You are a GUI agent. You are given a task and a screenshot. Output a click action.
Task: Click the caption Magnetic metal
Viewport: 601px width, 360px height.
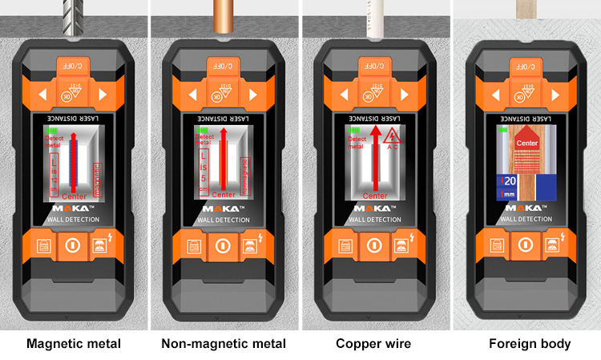coord(74,344)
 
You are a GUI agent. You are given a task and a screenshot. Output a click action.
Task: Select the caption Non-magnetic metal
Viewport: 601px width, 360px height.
coord(224,344)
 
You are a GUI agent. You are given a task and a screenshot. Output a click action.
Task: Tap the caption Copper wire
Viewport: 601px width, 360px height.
coord(373,344)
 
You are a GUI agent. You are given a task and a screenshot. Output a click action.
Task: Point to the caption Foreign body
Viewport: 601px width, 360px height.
coord(530,344)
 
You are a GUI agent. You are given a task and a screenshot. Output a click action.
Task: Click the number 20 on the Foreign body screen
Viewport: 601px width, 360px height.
coord(510,181)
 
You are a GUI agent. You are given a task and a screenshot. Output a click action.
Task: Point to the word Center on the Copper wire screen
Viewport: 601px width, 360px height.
coord(374,196)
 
